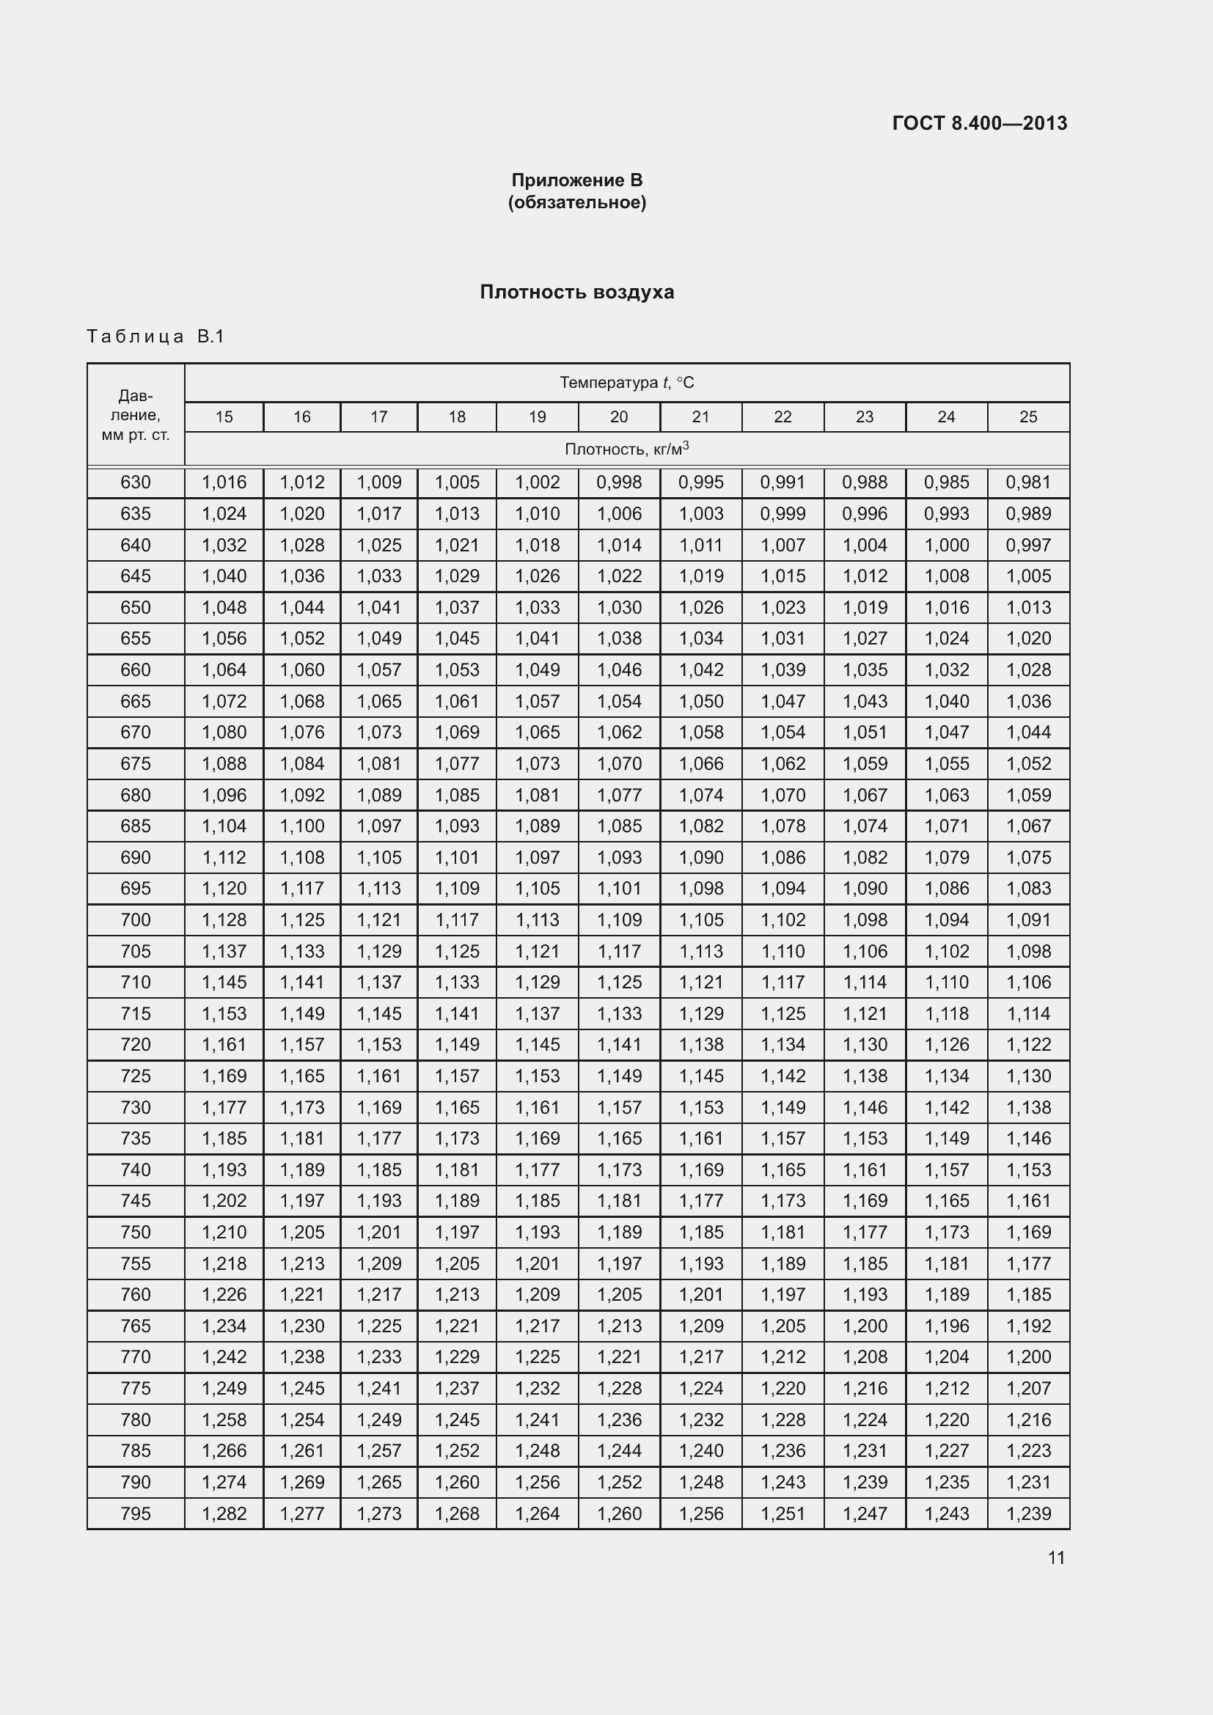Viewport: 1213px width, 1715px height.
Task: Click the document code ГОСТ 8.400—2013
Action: (979, 123)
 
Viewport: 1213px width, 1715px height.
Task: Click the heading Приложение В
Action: (576, 180)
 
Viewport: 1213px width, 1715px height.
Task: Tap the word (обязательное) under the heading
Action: (576, 202)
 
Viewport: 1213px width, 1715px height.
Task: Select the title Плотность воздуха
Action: (576, 292)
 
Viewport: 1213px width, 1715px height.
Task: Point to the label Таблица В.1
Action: (155, 336)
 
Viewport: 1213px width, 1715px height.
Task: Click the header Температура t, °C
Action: (626, 383)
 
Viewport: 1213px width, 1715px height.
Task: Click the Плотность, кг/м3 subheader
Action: (626, 449)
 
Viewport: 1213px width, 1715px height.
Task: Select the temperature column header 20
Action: (619, 416)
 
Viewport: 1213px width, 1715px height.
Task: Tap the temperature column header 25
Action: (1028, 416)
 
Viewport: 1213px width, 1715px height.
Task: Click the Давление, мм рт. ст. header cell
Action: (136, 415)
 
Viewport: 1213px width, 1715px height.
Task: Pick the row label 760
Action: (136, 1294)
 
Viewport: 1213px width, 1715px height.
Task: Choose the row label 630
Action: (136, 482)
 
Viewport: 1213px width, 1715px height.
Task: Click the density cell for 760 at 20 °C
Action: (619, 1294)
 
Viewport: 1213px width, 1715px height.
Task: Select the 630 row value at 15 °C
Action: (224, 482)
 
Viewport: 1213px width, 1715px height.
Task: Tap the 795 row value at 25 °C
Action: (1028, 1513)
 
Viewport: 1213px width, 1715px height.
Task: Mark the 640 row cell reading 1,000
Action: (946, 546)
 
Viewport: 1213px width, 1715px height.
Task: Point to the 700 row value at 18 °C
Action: (457, 919)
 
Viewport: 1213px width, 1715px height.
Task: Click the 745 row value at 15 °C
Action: (224, 1200)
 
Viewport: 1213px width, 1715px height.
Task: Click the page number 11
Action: (1056, 1557)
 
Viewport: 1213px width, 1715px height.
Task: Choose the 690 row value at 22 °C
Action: (783, 858)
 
